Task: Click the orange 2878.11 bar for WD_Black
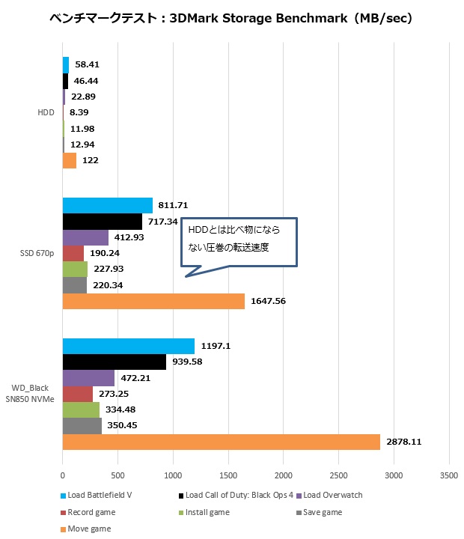(x=221, y=442)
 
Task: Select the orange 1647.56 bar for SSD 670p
(x=153, y=301)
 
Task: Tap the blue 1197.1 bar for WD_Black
(x=128, y=346)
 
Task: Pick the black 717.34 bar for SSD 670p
(x=102, y=222)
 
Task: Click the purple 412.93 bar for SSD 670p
(x=85, y=238)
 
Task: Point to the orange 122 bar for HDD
(x=70, y=160)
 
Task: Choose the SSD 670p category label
(x=37, y=253)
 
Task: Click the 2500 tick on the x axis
(x=338, y=475)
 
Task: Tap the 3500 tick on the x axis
(x=448, y=475)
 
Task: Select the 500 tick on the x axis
(x=117, y=475)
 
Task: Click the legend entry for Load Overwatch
(x=334, y=495)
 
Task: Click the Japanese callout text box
(x=239, y=241)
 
